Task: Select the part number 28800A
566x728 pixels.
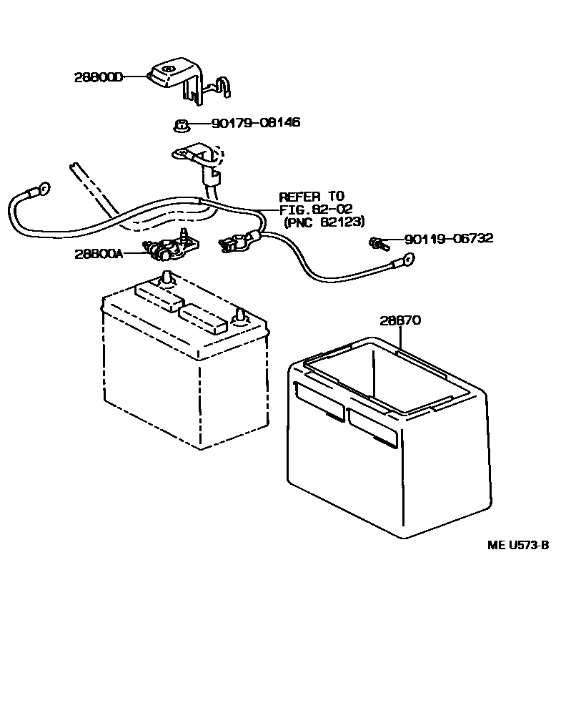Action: tap(98, 254)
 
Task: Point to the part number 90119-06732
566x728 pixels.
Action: tap(448, 239)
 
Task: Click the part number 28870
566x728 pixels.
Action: tap(399, 321)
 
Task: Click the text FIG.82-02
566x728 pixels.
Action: tap(316, 209)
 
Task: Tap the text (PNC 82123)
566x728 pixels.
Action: tap(324, 222)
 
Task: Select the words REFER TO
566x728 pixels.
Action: tap(312, 196)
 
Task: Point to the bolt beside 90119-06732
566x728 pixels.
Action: tap(377, 244)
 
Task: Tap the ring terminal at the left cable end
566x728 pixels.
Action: tap(41, 190)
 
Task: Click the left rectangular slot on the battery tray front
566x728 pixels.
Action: tap(318, 400)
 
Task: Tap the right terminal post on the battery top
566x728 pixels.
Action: tap(241, 315)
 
